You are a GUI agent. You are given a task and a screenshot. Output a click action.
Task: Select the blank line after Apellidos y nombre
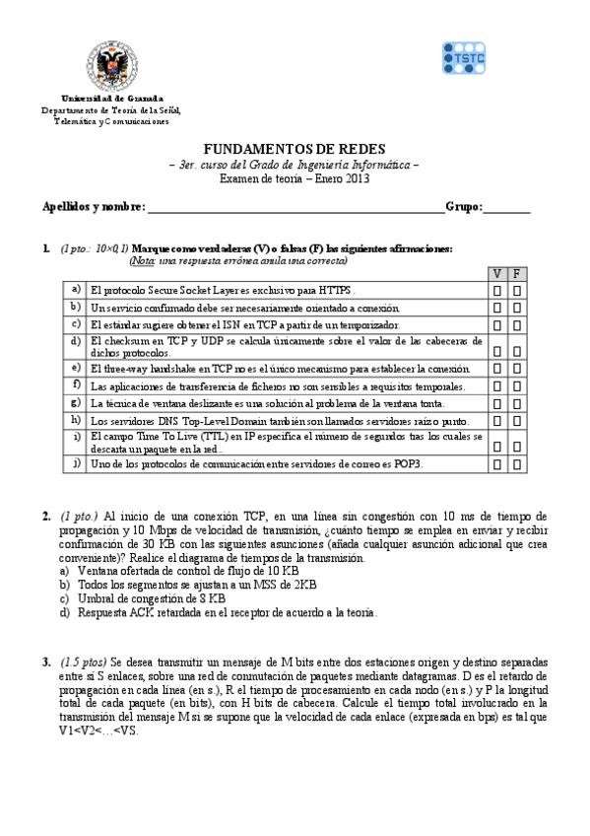point(295,209)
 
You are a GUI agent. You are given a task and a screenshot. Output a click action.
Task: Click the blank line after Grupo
point(507,209)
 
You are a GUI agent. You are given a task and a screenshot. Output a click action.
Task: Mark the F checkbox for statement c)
point(518,325)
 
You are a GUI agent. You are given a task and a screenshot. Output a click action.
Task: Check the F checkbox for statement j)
point(518,462)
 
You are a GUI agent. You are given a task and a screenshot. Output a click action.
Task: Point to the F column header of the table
point(518,274)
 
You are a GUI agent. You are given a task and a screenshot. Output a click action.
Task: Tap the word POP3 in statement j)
point(407,462)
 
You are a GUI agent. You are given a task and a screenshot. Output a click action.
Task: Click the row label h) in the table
point(75,419)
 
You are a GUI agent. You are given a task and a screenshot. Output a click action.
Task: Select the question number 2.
point(46,516)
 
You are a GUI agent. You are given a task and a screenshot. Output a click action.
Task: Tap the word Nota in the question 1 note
point(142,261)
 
